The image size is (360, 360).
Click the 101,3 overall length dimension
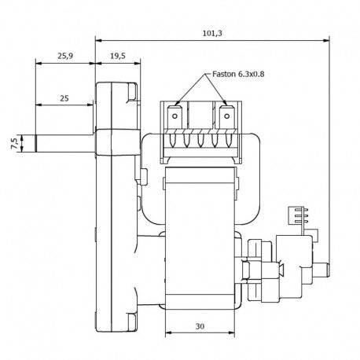pyautogui.click(x=212, y=33)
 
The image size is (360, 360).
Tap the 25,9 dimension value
pyautogui.click(x=65, y=56)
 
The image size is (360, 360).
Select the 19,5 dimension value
pyautogui.click(x=118, y=56)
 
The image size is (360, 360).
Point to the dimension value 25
pyautogui.click(x=64, y=98)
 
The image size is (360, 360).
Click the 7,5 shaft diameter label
pyautogui.click(x=15, y=143)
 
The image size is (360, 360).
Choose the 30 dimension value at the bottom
pyautogui.click(x=200, y=326)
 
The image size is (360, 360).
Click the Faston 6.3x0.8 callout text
pyautogui.click(x=238, y=74)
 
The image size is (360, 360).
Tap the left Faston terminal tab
pyautogui.click(x=174, y=117)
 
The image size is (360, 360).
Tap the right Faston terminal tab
pyautogui.click(x=226, y=117)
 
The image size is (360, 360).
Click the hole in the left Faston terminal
pyautogui.click(x=174, y=116)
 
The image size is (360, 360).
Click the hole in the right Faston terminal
pyautogui.click(x=227, y=116)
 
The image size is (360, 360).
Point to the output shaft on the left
pyautogui.click(x=64, y=143)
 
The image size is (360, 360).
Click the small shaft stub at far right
pyautogui.click(x=321, y=270)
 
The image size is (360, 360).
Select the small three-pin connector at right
pyautogui.click(x=297, y=215)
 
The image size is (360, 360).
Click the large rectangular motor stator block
pyautogui.click(x=200, y=238)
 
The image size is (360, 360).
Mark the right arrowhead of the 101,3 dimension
pyautogui.click(x=326, y=41)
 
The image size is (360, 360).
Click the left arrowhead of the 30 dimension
pyautogui.click(x=168, y=332)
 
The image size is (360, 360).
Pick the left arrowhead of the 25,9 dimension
pyautogui.click(x=39, y=63)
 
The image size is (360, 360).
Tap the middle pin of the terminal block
pyautogui.click(x=200, y=140)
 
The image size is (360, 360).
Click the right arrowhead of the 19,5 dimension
pyautogui.click(x=138, y=63)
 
